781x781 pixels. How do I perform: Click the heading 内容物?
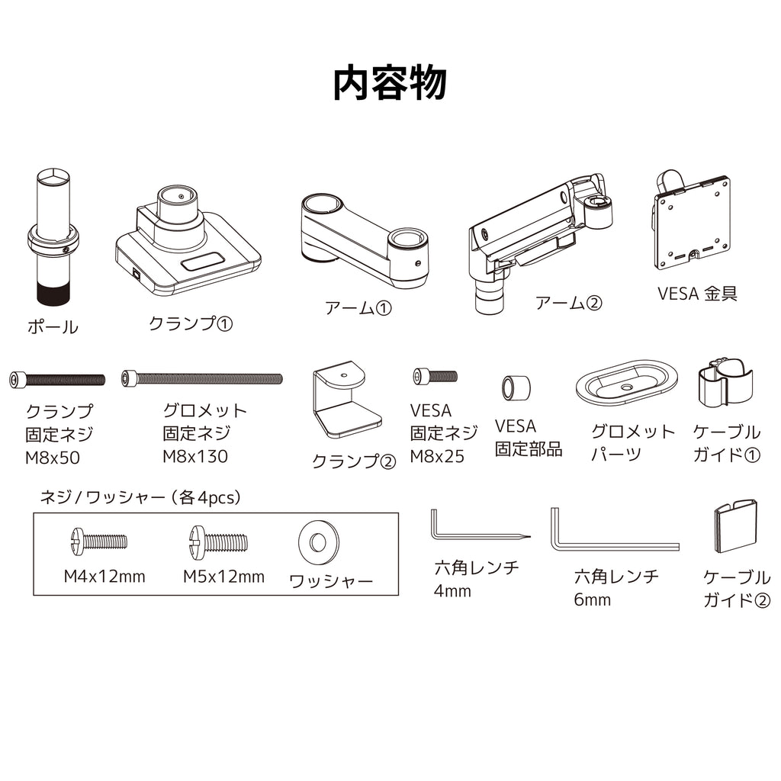(x=390, y=84)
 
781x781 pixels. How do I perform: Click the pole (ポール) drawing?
(x=53, y=236)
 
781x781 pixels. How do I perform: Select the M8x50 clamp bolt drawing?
(x=57, y=380)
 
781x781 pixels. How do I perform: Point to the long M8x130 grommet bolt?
(x=201, y=378)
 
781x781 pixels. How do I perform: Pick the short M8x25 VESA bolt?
(x=435, y=376)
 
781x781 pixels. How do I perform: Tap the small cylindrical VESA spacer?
(x=516, y=387)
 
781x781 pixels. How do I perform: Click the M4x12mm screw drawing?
(x=98, y=542)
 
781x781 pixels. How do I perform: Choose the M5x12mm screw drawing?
(x=218, y=541)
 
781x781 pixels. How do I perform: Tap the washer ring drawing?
(x=319, y=542)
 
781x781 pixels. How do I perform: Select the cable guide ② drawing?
(x=736, y=526)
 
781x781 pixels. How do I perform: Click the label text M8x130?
(x=195, y=456)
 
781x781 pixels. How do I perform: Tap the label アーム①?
(x=358, y=308)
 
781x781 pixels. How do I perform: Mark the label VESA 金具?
(x=697, y=294)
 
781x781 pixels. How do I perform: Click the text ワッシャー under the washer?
(x=331, y=580)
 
